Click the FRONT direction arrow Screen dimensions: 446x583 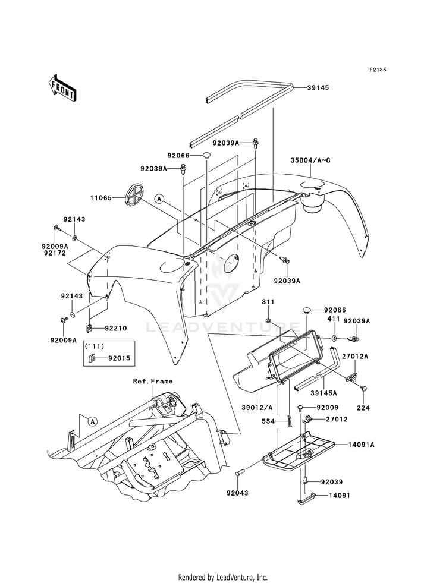pyautogui.click(x=62, y=88)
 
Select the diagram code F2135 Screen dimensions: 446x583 pyautogui.click(x=378, y=70)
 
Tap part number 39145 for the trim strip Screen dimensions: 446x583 pyautogui.click(x=318, y=88)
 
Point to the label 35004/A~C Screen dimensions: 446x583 pyautogui.click(x=310, y=160)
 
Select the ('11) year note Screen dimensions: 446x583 pyautogui.click(x=95, y=346)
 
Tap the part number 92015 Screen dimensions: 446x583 pyautogui.click(x=119, y=358)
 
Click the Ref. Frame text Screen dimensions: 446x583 pyautogui.click(x=153, y=382)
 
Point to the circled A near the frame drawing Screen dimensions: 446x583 pyautogui.click(x=93, y=421)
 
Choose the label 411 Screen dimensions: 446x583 pyautogui.click(x=333, y=319)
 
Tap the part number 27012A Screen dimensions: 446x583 pyautogui.click(x=355, y=356)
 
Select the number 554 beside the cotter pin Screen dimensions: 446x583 pyautogui.click(x=268, y=421)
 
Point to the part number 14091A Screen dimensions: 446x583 pyautogui.click(x=361, y=445)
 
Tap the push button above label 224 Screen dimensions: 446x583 pyautogui.click(x=363, y=389)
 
